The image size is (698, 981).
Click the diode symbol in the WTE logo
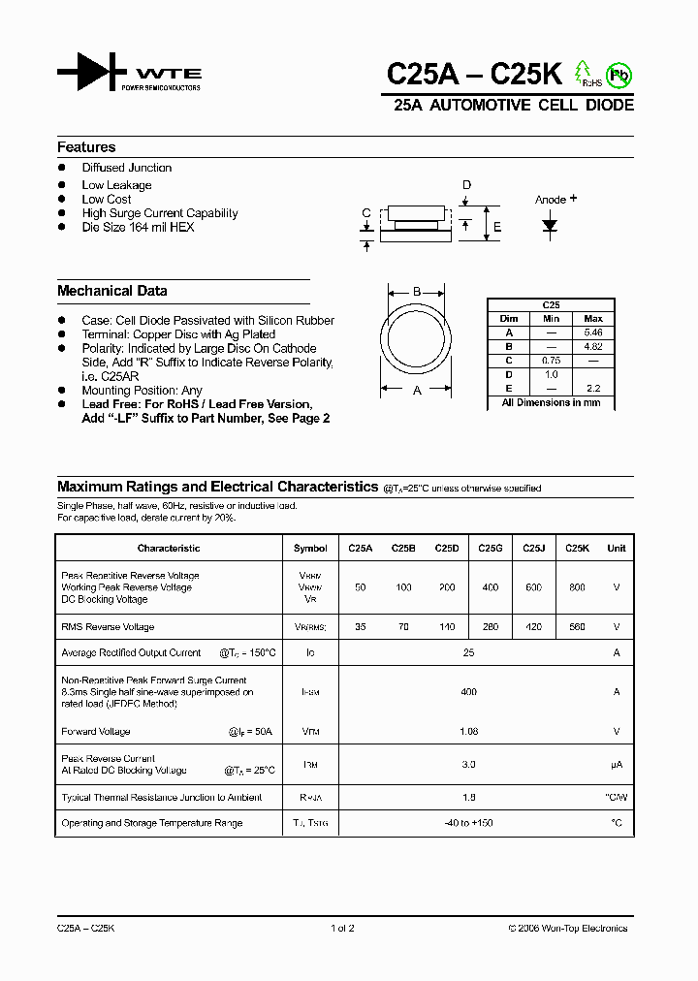[92, 74]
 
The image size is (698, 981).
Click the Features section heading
[86, 147]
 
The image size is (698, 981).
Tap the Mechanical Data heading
[111, 291]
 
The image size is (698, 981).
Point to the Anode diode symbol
[550, 226]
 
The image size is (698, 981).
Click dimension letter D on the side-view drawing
[466, 185]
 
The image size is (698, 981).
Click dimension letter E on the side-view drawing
[497, 228]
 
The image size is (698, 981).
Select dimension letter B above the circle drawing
[416, 292]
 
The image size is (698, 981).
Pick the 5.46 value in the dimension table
[593, 332]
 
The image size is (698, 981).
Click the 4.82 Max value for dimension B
[593, 346]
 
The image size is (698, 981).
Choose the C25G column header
[490, 549]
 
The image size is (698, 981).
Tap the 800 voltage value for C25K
[577, 587]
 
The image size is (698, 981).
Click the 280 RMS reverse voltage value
[490, 627]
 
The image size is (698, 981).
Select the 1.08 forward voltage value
[468, 732]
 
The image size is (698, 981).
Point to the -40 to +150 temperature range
[468, 823]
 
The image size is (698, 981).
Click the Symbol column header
[310, 549]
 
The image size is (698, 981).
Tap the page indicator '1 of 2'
[342, 929]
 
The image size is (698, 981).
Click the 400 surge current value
[468, 692]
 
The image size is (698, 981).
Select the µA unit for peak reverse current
[616, 765]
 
